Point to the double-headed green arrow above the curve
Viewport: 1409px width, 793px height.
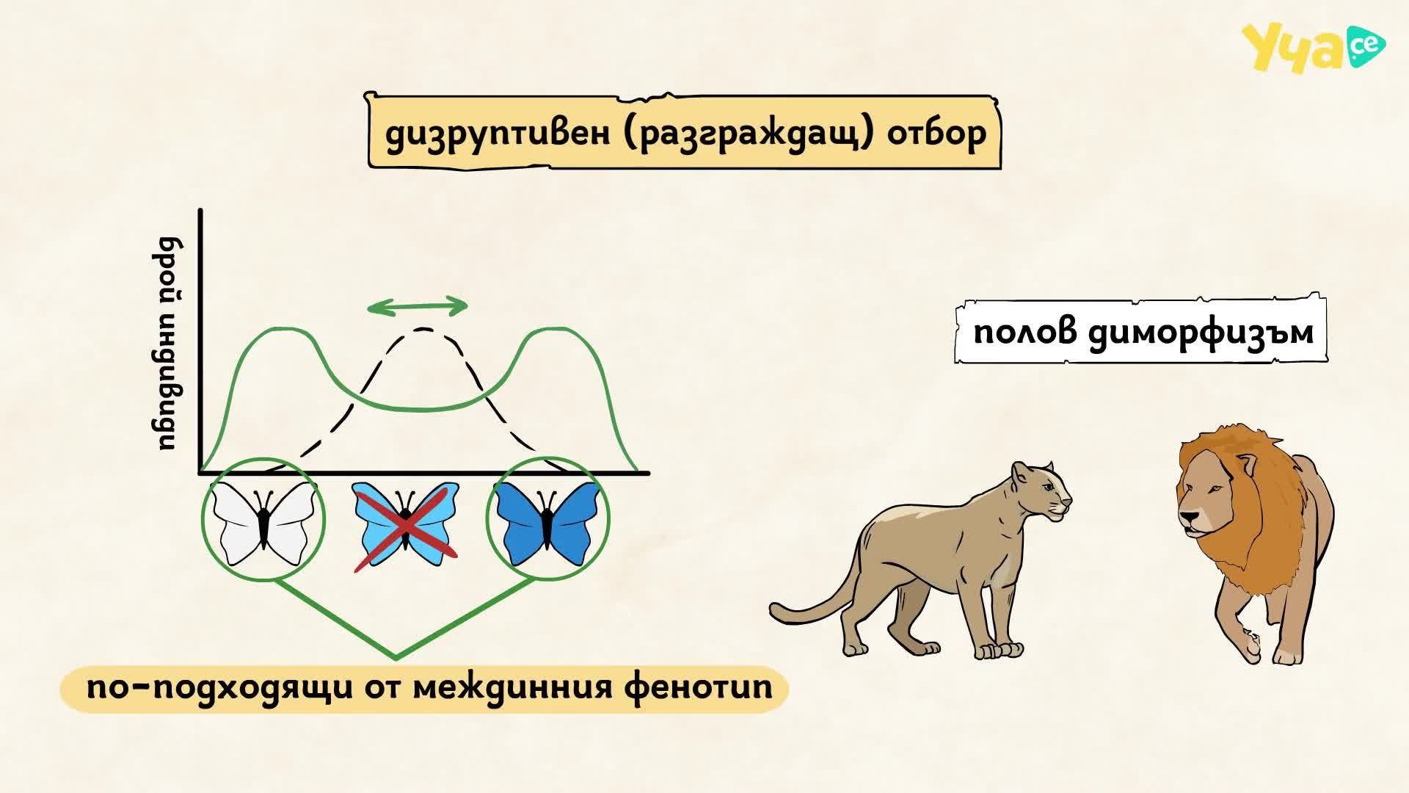[417, 306]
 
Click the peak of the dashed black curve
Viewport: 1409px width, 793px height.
[423, 329]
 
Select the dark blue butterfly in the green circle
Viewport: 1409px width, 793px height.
[547, 522]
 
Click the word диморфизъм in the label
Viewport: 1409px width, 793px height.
[1201, 333]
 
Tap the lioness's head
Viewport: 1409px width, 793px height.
[1041, 490]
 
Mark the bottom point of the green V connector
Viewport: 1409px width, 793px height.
[396, 658]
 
